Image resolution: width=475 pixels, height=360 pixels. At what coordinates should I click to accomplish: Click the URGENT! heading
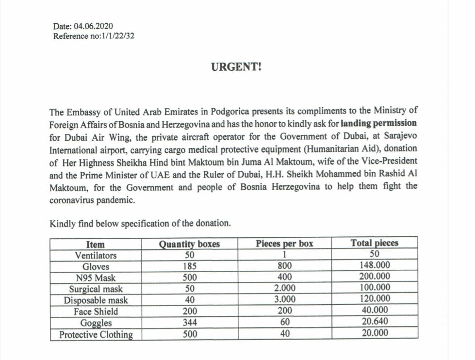236,67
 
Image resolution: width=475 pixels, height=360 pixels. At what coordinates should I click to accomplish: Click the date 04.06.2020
93,26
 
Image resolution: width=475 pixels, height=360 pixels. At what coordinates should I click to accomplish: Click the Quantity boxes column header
189,244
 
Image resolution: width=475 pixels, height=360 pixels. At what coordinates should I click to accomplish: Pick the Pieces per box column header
284,244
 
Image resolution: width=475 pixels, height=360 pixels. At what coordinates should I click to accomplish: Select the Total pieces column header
374,244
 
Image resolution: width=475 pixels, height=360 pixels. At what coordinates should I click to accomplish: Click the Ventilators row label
96,255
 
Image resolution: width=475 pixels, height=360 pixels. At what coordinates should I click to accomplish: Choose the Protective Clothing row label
96,334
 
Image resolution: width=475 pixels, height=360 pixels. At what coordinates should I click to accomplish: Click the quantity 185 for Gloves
189,266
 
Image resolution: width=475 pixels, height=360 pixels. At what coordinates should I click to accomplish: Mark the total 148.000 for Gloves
374,266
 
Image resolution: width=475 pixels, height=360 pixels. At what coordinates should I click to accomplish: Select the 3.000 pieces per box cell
284,300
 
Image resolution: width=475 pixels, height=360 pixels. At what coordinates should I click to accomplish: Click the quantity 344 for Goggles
189,322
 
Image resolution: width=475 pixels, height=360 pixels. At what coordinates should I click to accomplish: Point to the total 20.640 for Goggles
374,322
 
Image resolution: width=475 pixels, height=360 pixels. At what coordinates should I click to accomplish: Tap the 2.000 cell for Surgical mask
284,289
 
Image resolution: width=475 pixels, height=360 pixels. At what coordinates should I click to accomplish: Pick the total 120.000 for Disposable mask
374,300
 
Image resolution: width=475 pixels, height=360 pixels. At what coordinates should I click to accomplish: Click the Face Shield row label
96,311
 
